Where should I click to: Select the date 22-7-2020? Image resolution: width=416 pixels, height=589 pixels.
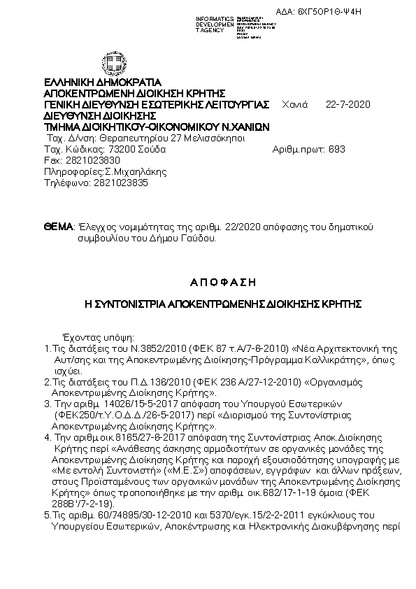348,105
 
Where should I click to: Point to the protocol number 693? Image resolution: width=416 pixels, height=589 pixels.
336,149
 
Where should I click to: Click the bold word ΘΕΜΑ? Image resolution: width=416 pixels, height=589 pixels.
58,227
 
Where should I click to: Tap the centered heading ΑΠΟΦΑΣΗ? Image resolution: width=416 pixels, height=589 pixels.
223,283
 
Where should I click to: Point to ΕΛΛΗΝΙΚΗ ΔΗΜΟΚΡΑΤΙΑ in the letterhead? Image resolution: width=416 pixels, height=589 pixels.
103,82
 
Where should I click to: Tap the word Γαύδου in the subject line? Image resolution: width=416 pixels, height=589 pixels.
199,238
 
